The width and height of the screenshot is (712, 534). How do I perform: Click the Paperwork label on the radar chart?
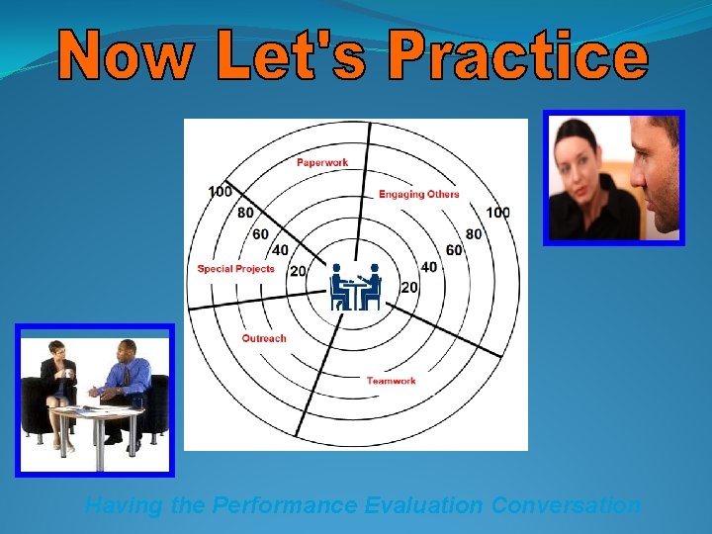tap(322, 162)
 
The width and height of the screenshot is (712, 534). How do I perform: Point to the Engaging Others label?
tap(418, 194)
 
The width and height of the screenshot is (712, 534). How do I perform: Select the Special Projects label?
tap(235, 269)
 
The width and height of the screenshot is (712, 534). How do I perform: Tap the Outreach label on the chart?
tap(264, 338)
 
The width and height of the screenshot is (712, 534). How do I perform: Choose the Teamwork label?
tap(391, 381)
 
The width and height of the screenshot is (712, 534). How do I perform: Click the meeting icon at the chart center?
tap(355, 286)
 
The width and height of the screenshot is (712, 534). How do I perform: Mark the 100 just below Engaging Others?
tap(497, 213)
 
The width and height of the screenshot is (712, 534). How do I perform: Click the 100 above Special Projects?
tap(221, 191)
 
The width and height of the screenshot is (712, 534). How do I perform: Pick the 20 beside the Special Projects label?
tap(297, 271)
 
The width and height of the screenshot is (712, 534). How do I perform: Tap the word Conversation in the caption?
tap(566, 505)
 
